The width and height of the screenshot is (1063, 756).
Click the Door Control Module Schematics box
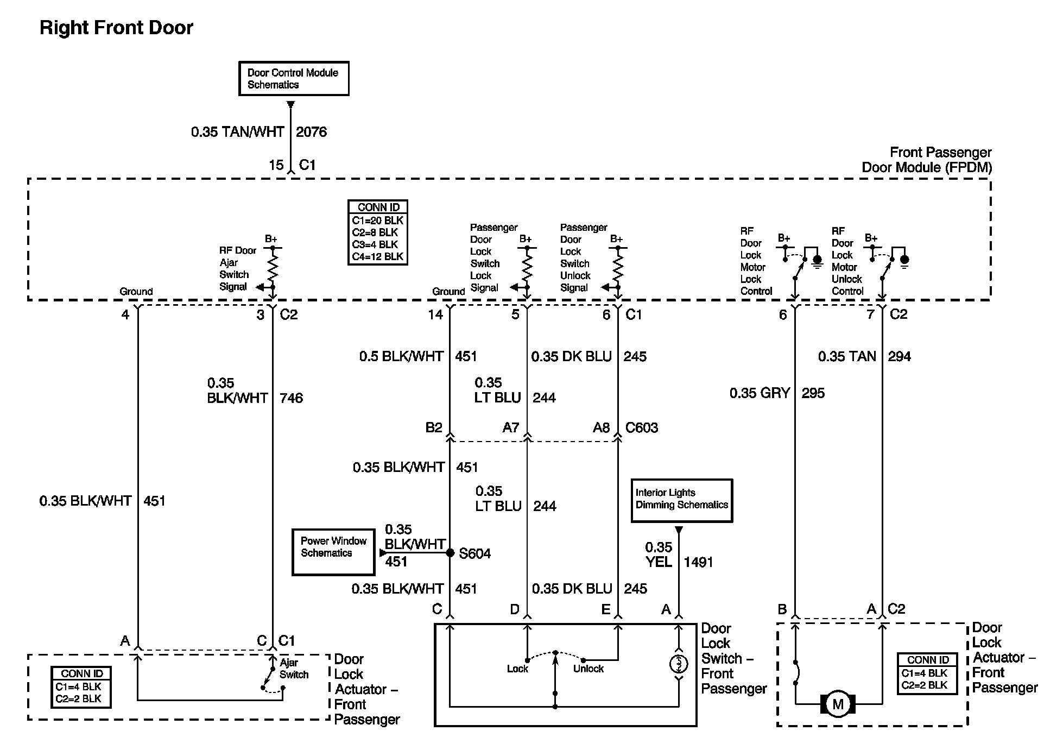click(294, 79)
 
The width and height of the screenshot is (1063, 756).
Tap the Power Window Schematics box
click(333, 552)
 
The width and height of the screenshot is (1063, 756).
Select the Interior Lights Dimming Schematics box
click(682, 501)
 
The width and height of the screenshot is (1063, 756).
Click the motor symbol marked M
click(838, 704)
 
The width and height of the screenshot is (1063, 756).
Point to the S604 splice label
click(475, 553)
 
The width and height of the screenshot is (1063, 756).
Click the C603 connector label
click(642, 428)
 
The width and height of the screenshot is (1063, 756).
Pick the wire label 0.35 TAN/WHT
click(238, 132)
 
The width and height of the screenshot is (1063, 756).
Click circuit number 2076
click(312, 132)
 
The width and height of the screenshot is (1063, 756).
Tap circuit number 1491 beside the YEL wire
click(698, 562)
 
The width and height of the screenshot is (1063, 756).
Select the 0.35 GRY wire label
click(760, 393)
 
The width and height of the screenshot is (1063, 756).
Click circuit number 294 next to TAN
click(900, 357)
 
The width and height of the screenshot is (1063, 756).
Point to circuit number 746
click(292, 398)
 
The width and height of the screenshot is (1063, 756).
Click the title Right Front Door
click(117, 28)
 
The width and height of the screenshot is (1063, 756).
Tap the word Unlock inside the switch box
click(589, 669)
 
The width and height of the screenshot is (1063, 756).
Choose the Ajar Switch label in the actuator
click(294, 669)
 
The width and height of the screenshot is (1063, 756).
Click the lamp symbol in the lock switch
click(679, 664)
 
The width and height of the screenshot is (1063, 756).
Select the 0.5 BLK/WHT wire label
click(402, 357)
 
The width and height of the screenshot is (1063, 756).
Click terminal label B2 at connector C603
click(434, 428)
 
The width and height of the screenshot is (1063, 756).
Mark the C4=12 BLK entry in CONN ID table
click(378, 256)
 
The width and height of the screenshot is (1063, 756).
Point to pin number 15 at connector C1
click(276, 165)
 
